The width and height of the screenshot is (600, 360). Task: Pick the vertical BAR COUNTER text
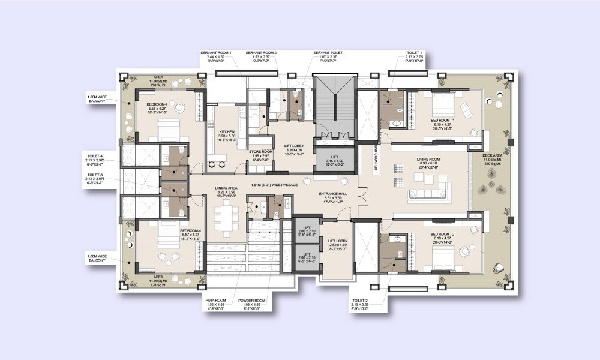coord(375,158)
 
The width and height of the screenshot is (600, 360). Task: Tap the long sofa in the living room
coord(427,193)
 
